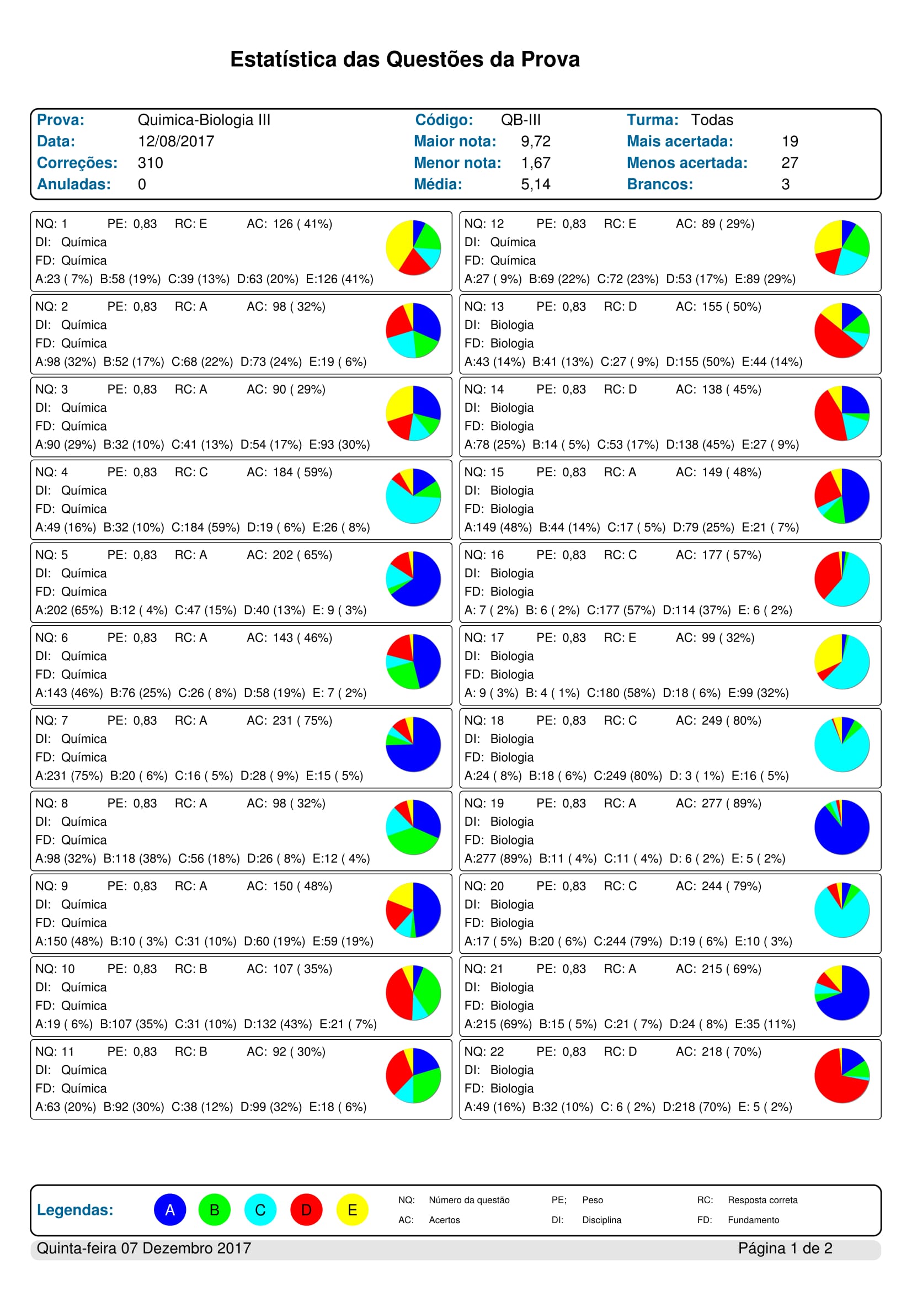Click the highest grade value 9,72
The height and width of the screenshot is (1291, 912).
coord(535,141)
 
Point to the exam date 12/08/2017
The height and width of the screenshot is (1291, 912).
coord(176,141)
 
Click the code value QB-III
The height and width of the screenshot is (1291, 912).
coord(520,120)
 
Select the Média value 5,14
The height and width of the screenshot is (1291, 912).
coord(535,184)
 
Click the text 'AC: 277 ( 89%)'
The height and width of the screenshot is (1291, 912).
coord(718,803)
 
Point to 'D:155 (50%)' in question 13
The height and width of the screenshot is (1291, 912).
coord(700,362)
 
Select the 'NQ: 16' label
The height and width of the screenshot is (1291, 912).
coord(484,555)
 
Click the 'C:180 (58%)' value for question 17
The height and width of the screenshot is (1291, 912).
coord(620,693)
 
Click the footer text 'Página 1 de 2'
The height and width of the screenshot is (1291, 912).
coord(785,1249)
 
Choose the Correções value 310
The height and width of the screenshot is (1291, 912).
coord(150,163)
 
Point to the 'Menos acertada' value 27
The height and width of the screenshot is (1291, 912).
coord(789,163)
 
